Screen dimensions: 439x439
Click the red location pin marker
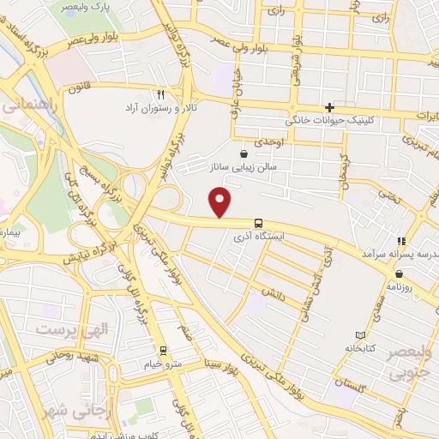click(x=221, y=201)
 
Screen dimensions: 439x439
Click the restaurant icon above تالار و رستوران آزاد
click(x=159, y=94)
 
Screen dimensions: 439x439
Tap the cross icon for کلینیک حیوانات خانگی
click(x=328, y=107)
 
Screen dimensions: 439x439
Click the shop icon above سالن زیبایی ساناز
click(x=244, y=154)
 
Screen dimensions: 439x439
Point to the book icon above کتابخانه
click(x=359, y=335)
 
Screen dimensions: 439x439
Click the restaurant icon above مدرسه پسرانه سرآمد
click(x=400, y=242)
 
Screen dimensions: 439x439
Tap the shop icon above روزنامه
click(x=400, y=274)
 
